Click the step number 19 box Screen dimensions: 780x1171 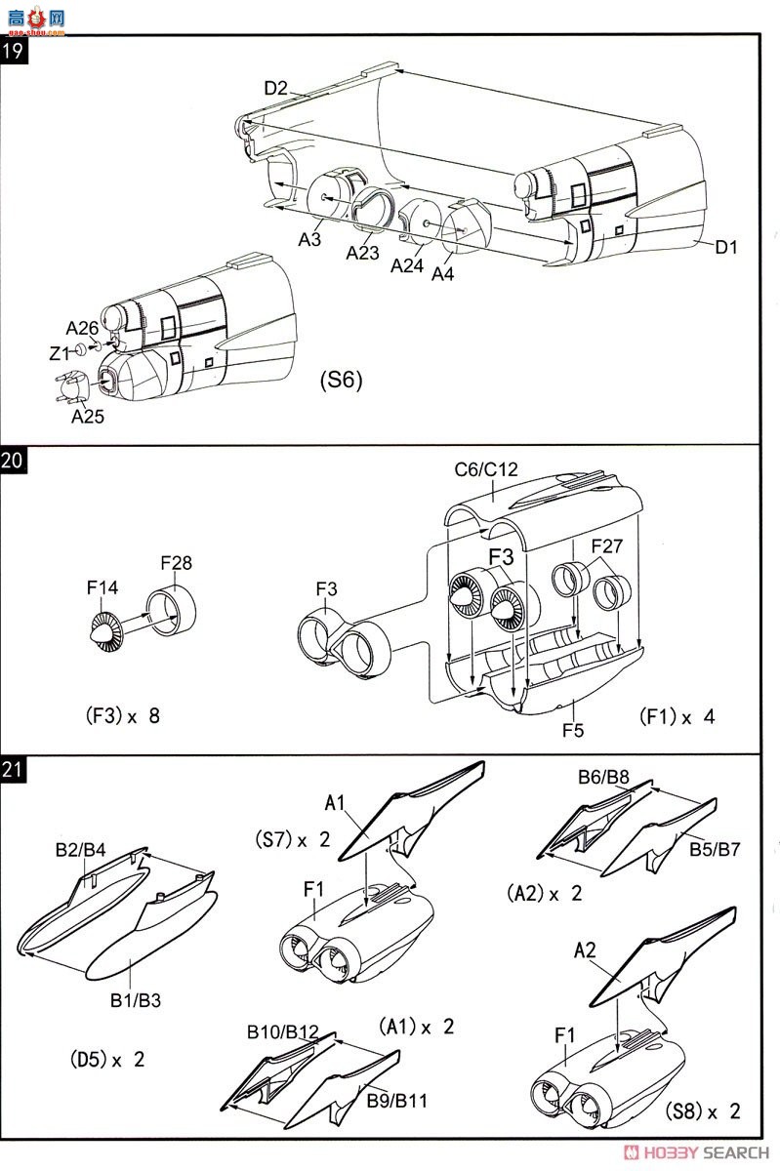(14, 51)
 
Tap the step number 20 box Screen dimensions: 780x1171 (12, 460)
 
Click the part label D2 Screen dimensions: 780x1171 (275, 88)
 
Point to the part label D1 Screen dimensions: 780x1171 (726, 247)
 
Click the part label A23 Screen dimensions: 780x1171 (362, 253)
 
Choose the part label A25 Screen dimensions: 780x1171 (87, 416)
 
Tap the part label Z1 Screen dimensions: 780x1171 (60, 354)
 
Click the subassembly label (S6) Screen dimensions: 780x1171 (341, 380)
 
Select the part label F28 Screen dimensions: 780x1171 (177, 562)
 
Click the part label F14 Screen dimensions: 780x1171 (103, 587)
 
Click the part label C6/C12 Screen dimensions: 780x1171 (486, 469)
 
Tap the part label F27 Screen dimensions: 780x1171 (607, 545)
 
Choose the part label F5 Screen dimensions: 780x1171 (573, 730)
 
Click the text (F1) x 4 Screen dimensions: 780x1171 (677, 716)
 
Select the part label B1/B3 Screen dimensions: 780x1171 (136, 1000)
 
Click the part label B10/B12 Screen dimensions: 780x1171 (282, 1031)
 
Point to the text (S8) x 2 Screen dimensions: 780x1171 (703, 1110)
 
